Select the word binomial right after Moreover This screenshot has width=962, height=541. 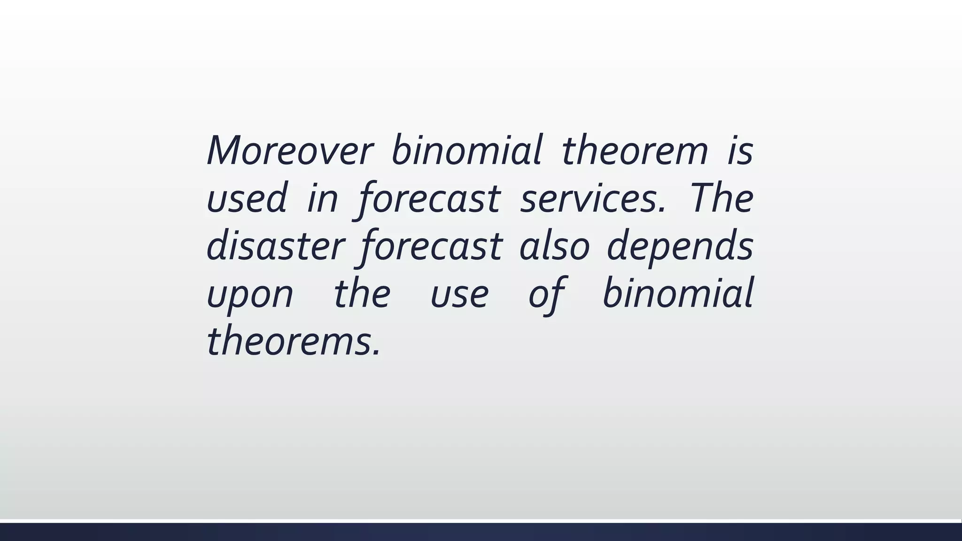(x=467, y=150)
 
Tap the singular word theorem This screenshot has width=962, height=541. (x=635, y=150)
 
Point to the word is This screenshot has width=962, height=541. (x=740, y=150)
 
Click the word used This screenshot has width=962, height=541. (x=247, y=198)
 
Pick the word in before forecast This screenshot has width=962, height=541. (x=323, y=198)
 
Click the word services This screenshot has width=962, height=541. (x=590, y=198)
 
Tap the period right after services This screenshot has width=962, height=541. (x=662, y=209)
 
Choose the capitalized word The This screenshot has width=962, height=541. (x=721, y=198)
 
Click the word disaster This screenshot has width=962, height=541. (x=276, y=246)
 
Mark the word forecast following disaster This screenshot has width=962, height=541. (x=431, y=246)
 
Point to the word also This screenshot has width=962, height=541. (x=554, y=246)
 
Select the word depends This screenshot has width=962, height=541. (x=680, y=246)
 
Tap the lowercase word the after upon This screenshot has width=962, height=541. (x=362, y=294)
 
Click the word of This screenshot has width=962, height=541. (x=546, y=294)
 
